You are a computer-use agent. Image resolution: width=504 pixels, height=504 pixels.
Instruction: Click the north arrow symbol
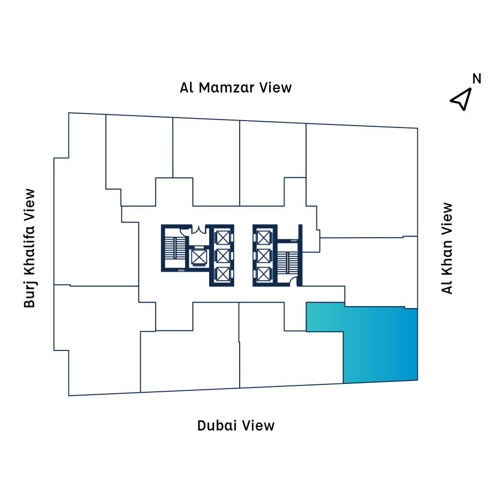[461, 99]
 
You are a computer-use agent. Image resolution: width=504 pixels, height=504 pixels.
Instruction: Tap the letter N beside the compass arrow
[476, 79]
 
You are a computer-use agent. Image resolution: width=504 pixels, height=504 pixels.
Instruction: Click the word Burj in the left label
[30, 295]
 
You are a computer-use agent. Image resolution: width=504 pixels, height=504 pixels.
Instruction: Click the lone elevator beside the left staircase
[199, 256]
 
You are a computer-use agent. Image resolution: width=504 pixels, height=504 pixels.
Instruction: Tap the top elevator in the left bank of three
[222, 238]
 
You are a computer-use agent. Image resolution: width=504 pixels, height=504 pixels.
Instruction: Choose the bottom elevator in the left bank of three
[222, 274]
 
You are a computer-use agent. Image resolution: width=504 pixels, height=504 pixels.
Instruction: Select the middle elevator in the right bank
[264, 255]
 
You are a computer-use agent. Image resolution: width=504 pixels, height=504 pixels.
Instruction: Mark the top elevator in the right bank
[264, 238]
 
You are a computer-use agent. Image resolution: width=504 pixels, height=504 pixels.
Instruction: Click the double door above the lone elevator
[198, 229]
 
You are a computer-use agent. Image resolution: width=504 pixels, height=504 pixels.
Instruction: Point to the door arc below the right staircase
[293, 281]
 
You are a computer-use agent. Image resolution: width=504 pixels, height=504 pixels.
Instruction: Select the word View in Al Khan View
[447, 216]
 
